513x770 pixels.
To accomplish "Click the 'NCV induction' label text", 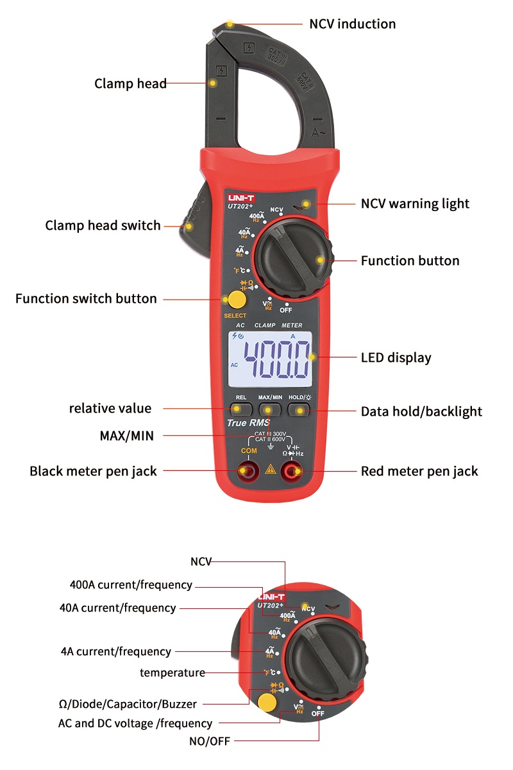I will (352, 24).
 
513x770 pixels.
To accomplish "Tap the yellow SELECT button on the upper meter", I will (235, 300).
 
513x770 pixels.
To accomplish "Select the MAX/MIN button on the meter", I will (270, 407).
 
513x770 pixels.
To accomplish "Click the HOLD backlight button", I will (299, 407).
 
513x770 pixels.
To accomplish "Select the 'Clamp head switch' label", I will (103, 226).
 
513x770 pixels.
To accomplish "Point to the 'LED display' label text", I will (396, 358).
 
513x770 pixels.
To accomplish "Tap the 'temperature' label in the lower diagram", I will (172, 672).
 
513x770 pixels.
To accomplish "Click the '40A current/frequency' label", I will (117, 608).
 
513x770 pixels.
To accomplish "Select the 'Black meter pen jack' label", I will (93, 472).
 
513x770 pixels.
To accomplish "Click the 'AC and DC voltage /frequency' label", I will (135, 723).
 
